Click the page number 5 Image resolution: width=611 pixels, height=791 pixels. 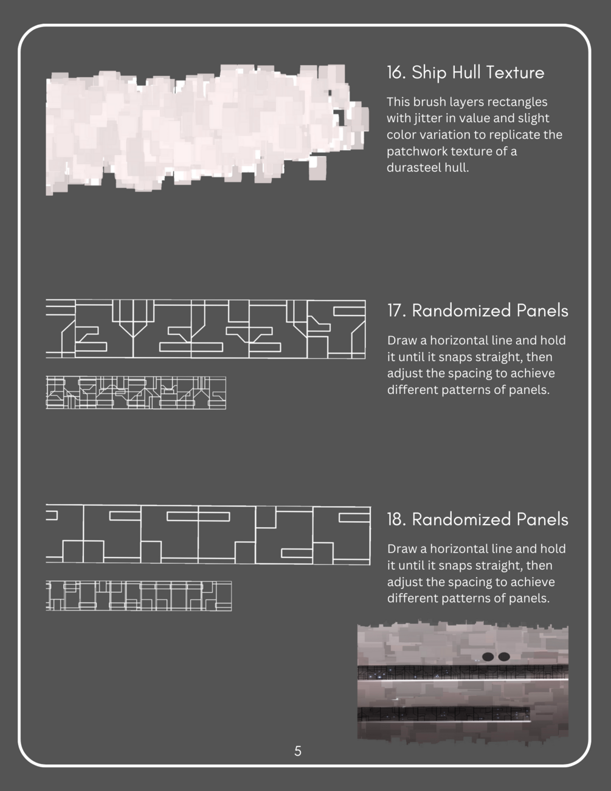(x=298, y=751)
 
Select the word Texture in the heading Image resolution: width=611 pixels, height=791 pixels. (x=515, y=72)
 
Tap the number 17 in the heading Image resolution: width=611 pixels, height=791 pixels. (x=396, y=311)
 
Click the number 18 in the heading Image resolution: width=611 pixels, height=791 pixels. (x=396, y=519)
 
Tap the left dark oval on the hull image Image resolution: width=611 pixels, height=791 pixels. (x=488, y=657)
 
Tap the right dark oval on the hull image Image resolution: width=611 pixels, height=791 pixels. (x=503, y=657)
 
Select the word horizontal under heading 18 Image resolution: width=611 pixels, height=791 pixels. (x=459, y=548)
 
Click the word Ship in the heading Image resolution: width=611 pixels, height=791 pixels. (x=429, y=72)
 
